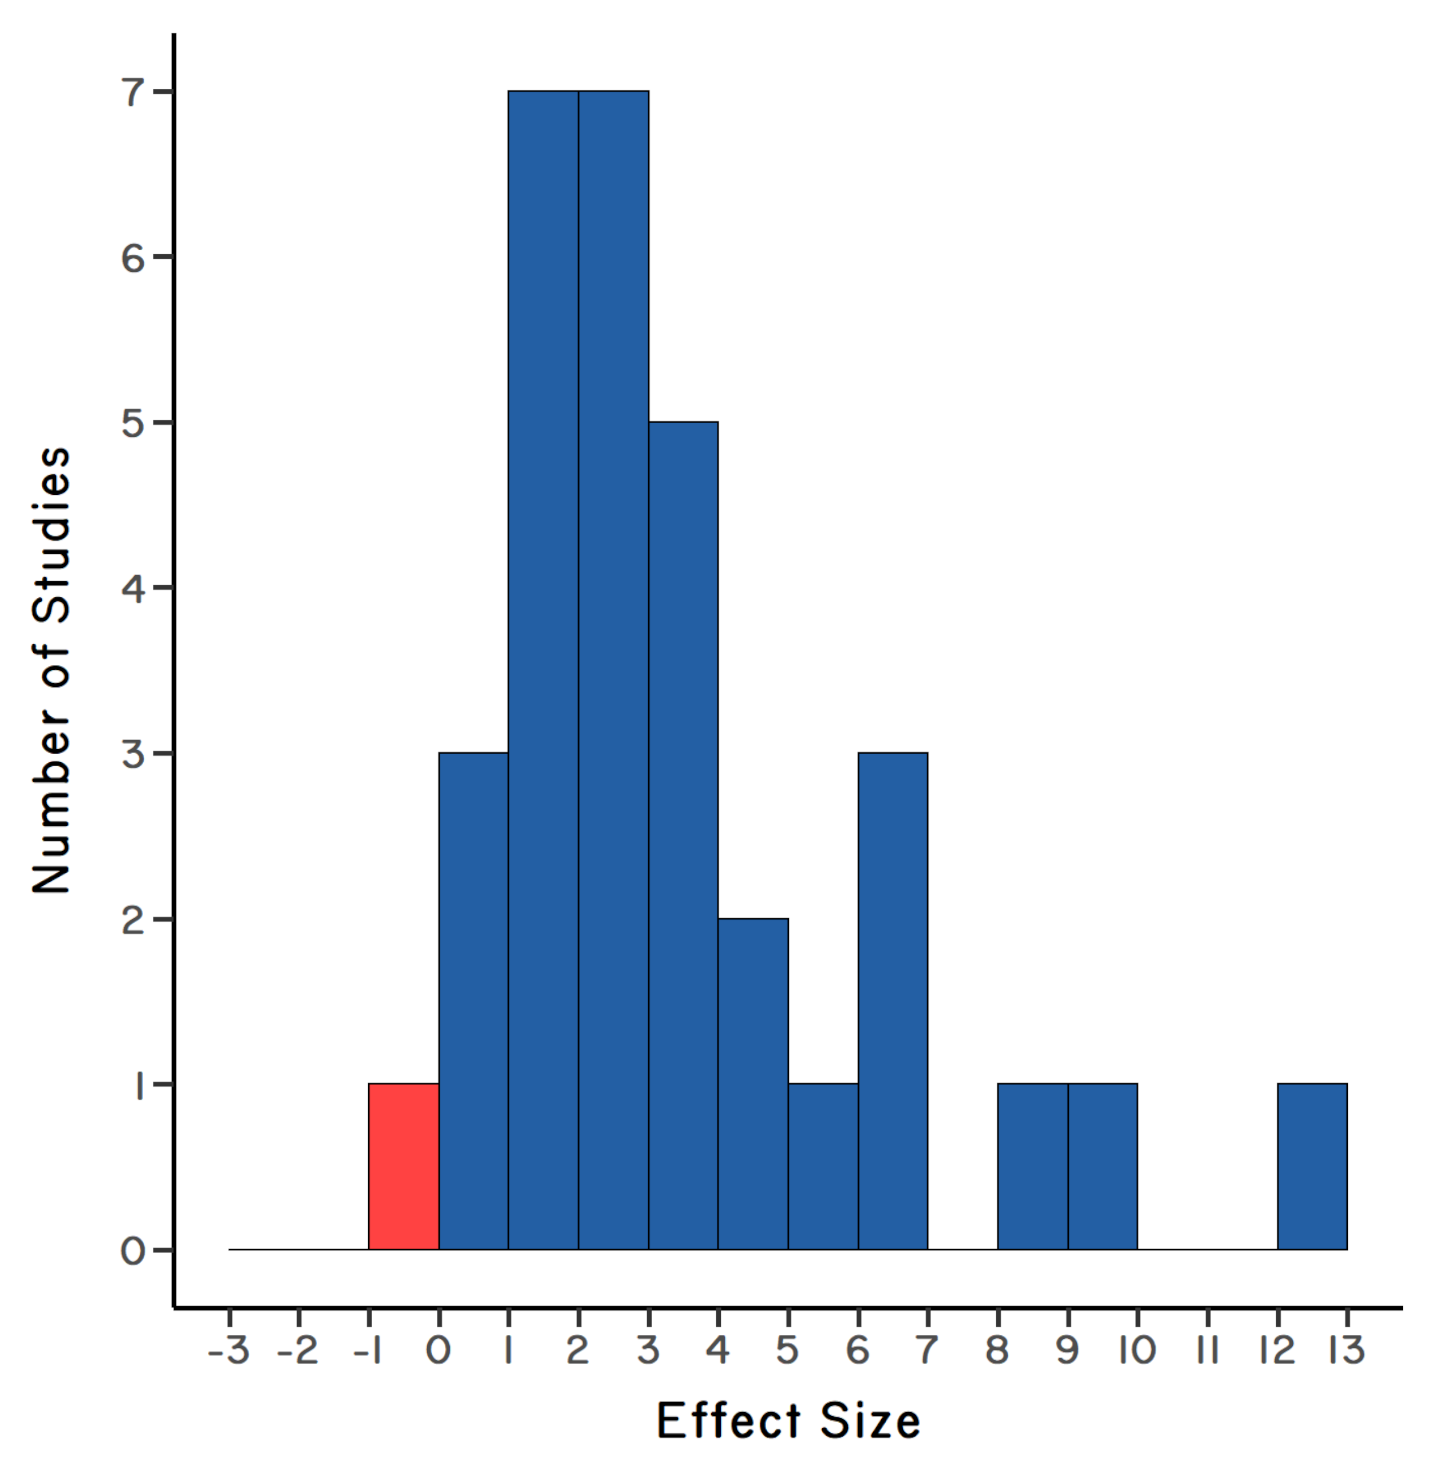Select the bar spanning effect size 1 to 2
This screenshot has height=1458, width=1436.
543,670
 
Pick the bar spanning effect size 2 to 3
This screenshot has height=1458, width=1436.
613,670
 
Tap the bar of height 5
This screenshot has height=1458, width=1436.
683,835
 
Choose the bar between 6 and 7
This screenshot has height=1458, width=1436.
893,1001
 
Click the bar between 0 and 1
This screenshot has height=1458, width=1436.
474,1001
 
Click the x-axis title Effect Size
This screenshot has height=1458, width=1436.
788,1422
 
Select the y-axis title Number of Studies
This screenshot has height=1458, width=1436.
52,670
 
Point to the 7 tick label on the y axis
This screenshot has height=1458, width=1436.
133,92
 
